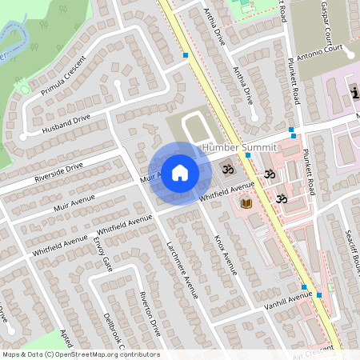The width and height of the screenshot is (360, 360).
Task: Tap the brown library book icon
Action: pyautogui.click(x=246, y=206)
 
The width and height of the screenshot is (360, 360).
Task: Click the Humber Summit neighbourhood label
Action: pyautogui.click(x=239, y=147)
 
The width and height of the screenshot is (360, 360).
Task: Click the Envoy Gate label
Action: pyautogui.click(x=102, y=253)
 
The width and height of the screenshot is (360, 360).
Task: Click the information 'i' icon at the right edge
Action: pyautogui.click(x=354, y=93)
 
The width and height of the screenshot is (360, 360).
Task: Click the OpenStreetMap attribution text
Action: pyautogui.click(x=80, y=354)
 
